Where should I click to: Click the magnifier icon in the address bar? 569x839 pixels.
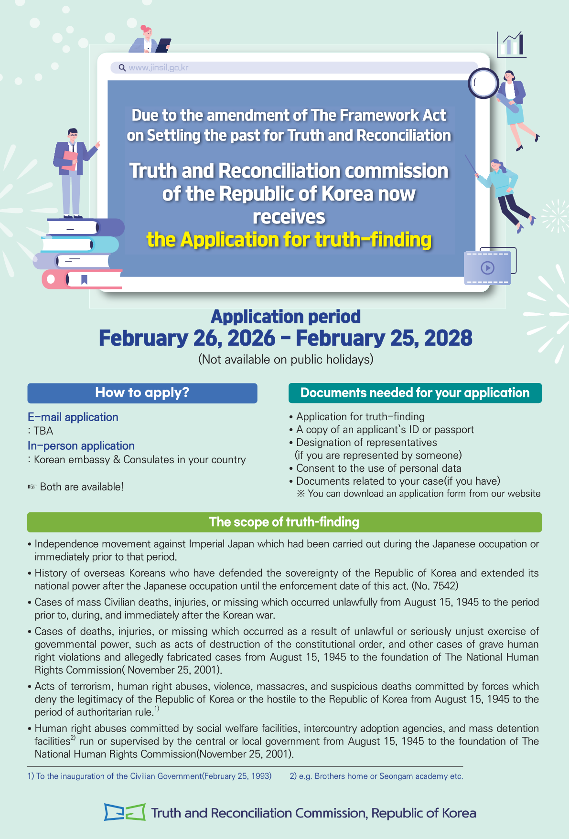point(122,68)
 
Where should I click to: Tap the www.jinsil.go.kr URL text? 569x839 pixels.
point(158,68)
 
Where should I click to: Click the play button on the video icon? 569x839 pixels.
point(487,268)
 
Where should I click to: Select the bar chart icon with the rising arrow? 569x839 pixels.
point(512,44)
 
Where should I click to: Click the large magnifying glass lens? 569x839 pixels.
point(483,83)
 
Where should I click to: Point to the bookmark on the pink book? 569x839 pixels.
point(84,279)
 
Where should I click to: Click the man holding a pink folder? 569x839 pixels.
point(73,172)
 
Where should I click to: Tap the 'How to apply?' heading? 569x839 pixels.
point(142,393)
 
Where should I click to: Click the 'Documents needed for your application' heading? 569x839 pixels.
point(415,393)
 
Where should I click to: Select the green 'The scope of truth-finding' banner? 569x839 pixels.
point(284,522)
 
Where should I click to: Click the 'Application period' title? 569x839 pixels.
point(286,317)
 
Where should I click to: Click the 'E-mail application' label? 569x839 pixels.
point(73,417)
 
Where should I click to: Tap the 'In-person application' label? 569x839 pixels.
point(81,446)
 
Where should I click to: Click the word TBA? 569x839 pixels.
point(43,431)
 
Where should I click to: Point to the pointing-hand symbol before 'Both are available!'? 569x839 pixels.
point(32,487)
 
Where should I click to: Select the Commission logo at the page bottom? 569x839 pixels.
point(125,812)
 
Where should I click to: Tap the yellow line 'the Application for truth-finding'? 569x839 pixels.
point(289,240)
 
